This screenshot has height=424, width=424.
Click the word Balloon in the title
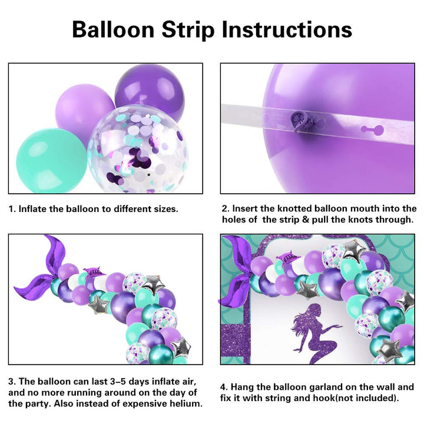click(x=113, y=29)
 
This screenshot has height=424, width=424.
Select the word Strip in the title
click(x=188, y=30)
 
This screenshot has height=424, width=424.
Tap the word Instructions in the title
click(x=287, y=29)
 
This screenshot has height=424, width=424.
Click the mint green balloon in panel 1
click(x=51, y=160)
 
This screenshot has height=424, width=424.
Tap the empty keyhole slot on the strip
click(x=373, y=130)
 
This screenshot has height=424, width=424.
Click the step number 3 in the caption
click(x=12, y=382)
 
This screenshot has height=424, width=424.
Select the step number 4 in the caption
click(x=224, y=387)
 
